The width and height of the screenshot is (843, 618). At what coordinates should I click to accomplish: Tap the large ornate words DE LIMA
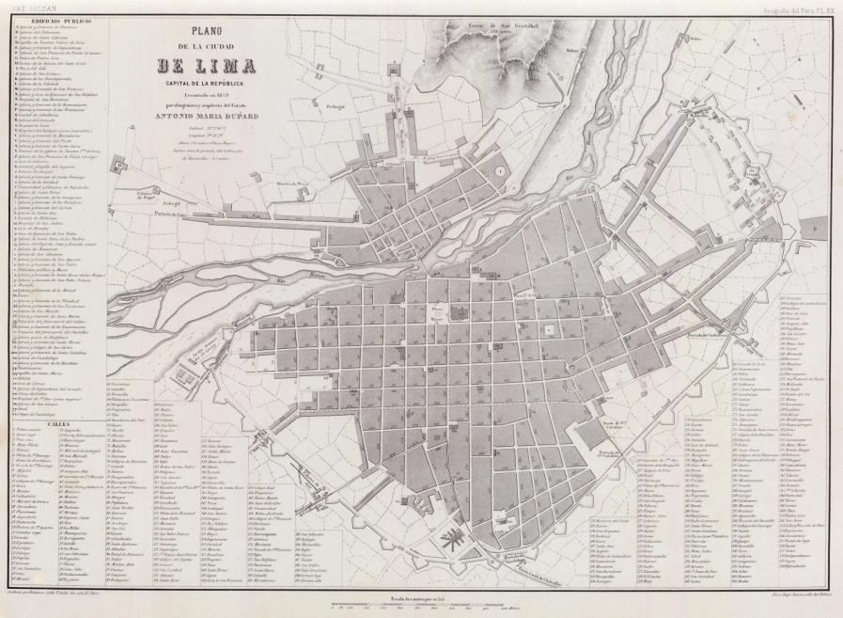pyautogui.click(x=211, y=65)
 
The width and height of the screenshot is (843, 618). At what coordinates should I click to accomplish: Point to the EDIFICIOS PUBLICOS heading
pyautogui.click(x=51, y=19)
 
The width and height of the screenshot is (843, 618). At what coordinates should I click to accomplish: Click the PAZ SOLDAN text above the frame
pyautogui.click(x=23, y=5)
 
